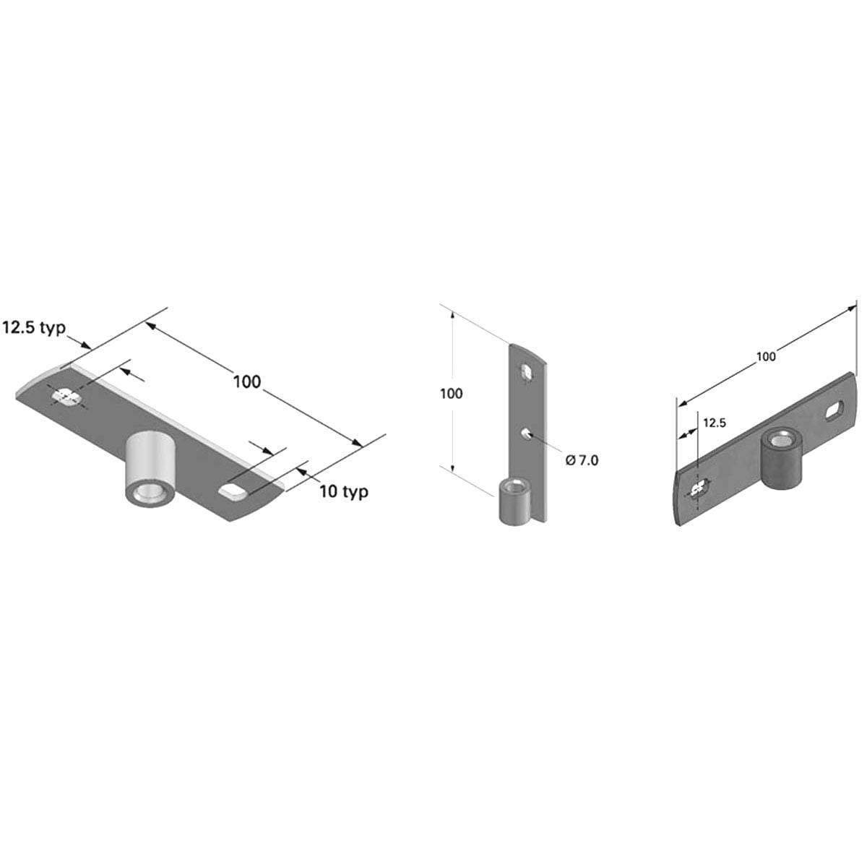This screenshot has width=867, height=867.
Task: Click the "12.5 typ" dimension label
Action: [x=34, y=327]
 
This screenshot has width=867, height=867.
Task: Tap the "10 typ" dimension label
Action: [x=344, y=492]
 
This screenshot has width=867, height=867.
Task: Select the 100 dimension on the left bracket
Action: [x=247, y=381]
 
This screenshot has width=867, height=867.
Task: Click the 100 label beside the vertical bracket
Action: [x=452, y=393]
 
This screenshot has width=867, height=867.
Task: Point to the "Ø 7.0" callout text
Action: [x=582, y=460]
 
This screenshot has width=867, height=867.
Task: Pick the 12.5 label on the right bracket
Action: [x=715, y=423]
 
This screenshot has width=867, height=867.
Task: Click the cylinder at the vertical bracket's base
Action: [x=516, y=501]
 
